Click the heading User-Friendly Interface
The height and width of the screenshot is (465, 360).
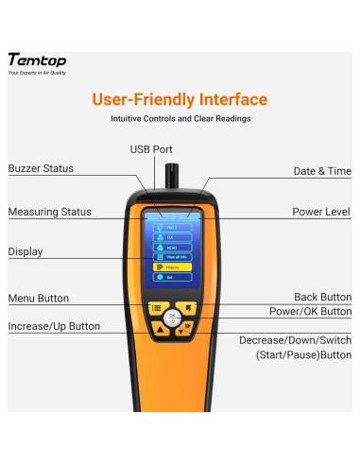coord(180,99)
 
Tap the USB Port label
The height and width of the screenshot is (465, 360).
coord(151,149)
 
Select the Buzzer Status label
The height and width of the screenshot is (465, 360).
coord(41,168)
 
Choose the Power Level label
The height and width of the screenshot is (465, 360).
coord(321,212)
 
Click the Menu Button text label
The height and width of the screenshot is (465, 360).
coord(39,299)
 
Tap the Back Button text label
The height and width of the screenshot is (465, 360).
coord(321,297)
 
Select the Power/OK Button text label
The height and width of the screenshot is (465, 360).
coord(310,311)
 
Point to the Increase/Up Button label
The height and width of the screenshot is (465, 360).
coord(54,326)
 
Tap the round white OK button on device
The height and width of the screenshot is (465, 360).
coord(171,318)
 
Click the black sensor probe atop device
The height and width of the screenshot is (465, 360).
coord(172,176)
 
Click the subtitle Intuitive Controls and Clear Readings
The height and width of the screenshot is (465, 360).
coord(180,119)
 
